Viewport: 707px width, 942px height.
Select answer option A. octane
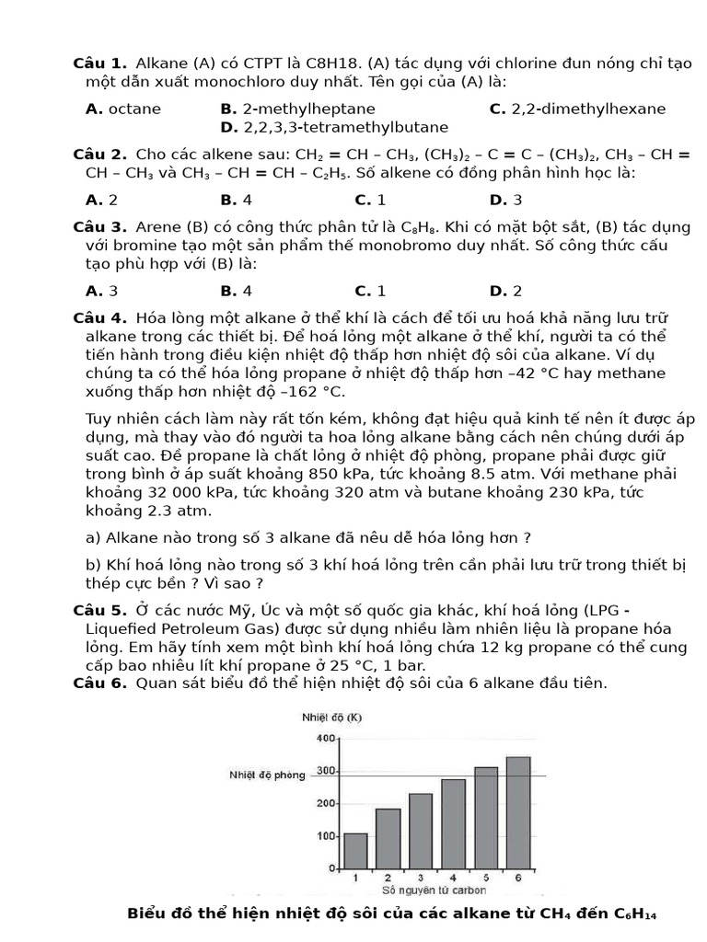(122, 109)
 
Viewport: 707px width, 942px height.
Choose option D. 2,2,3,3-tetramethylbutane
(334, 127)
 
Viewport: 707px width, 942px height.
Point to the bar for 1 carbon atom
(355, 851)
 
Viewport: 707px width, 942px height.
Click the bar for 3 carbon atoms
(421, 831)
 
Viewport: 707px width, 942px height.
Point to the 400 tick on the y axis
(326, 738)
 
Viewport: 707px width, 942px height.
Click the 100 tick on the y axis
(326, 835)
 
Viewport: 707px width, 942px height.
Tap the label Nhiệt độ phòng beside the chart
(267, 775)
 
